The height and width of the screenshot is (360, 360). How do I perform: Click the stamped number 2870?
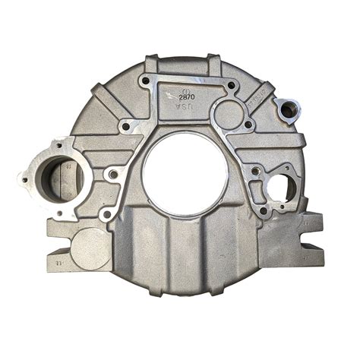point(186,97)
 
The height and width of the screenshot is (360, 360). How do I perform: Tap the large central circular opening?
point(185,173)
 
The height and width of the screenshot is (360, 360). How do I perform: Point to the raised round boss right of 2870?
point(227,115)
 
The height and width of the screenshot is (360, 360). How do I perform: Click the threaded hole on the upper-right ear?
point(288,111)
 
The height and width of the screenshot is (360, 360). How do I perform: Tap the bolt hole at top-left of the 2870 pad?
point(144,80)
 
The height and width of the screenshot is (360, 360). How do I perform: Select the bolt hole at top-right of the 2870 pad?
point(230,86)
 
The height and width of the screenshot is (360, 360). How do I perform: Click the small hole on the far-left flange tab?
point(23,180)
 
